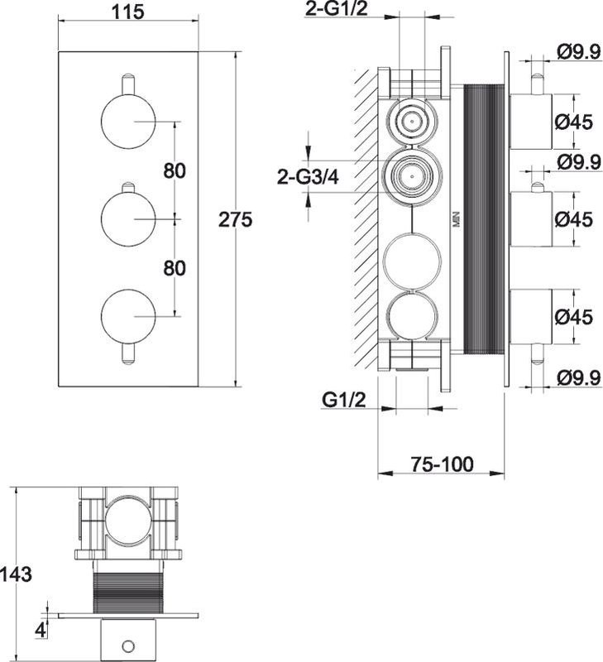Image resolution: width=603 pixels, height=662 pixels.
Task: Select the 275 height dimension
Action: point(235,219)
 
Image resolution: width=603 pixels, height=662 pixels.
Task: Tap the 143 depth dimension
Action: point(16,574)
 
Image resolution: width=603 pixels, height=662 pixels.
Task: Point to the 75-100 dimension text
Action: point(443,464)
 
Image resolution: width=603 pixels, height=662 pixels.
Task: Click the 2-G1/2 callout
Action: point(336,9)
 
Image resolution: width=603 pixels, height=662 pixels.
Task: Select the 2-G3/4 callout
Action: point(308,177)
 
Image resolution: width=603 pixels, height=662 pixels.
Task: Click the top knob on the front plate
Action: point(128,122)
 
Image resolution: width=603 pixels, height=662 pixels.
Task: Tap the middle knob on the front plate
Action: point(128,218)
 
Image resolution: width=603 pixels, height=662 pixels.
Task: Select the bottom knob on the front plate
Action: point(128,316)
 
